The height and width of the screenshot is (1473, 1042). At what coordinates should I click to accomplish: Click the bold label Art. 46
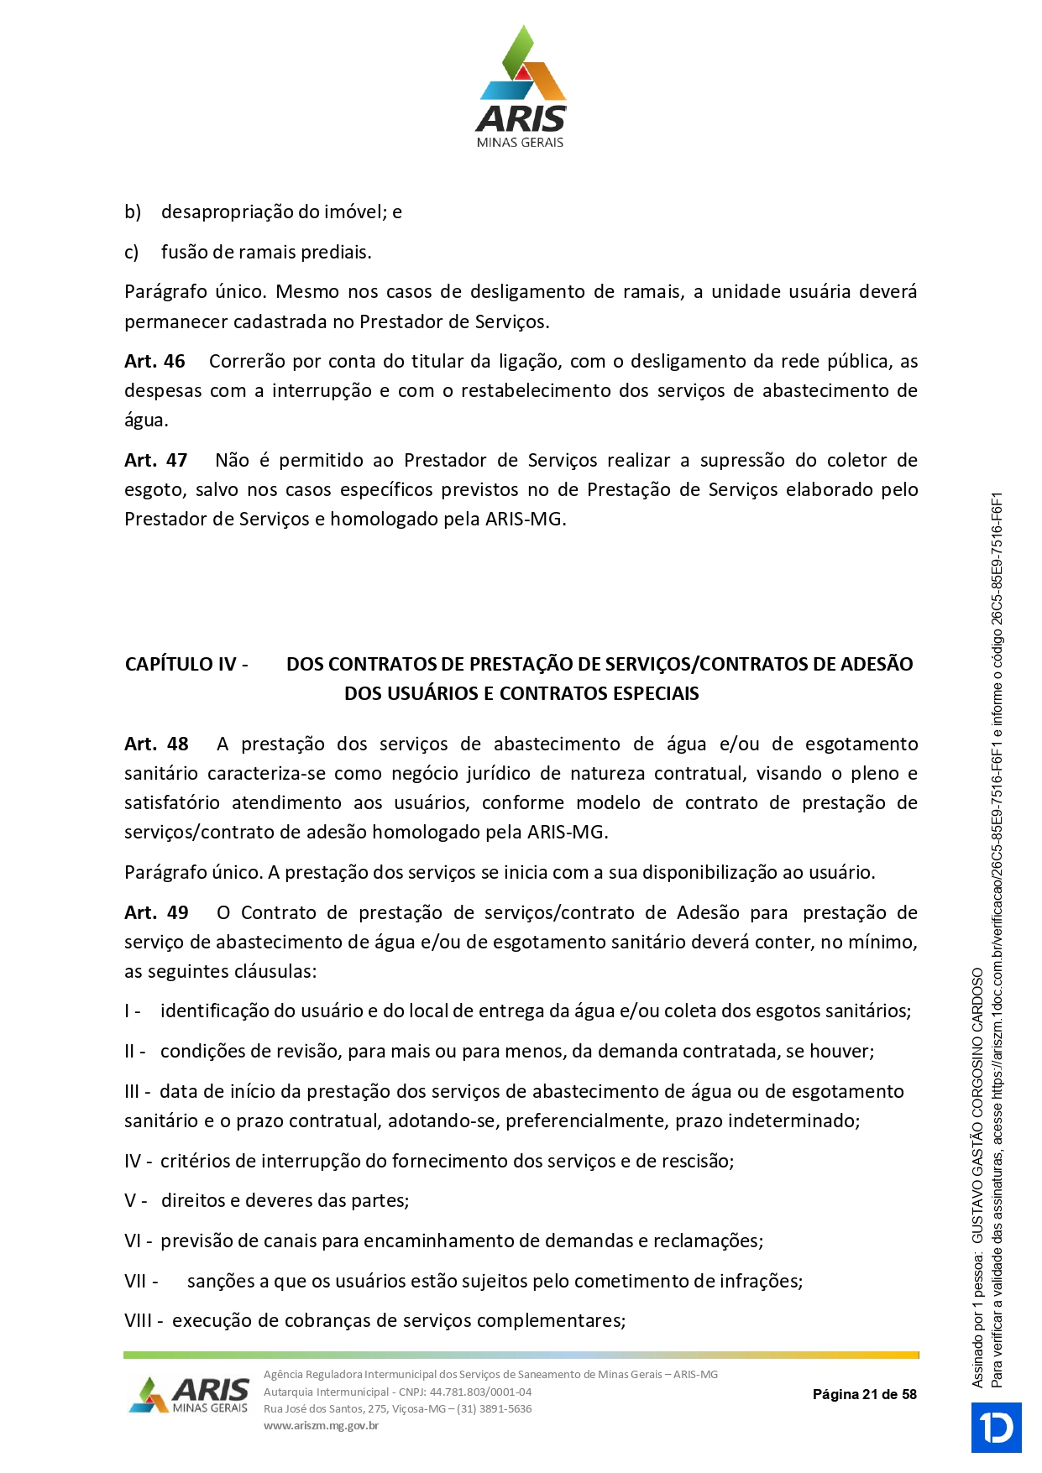point(154,362)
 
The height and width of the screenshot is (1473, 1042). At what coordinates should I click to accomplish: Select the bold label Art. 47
point(155,461)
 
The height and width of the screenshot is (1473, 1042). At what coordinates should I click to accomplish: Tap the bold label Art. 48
point(156,744)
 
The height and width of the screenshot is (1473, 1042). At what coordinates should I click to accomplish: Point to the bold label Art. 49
point(156,913)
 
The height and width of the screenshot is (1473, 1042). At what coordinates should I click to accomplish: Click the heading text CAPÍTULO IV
point(186,665)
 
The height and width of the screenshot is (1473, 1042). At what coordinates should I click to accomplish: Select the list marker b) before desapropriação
point(133,212)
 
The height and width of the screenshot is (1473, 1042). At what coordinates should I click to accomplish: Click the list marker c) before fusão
point(132,253)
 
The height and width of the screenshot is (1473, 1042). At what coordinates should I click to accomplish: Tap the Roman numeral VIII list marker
point(139,1321)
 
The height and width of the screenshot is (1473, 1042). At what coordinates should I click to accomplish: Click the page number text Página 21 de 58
point(864,1394)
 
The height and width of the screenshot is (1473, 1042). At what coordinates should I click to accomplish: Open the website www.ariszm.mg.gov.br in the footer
point(321,1425)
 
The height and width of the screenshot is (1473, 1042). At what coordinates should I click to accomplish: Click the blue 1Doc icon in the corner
point(996,1427)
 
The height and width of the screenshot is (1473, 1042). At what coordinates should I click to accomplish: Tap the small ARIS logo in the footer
point(190,1395)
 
